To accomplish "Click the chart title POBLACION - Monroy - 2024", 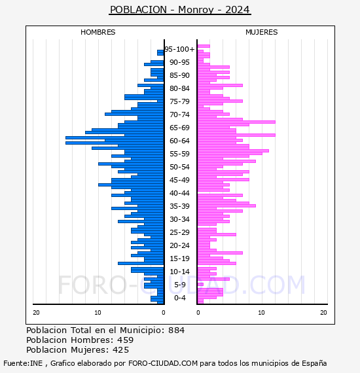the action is pos(180,10).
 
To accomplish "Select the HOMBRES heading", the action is pos(98,32).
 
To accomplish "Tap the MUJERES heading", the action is pos(262,32).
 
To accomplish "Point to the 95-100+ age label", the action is pos(179,49).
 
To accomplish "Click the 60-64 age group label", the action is pos(179,141).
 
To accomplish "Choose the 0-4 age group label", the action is pos(179,298).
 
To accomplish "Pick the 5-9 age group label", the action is pos(179,285).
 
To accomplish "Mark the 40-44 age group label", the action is pos(179,193).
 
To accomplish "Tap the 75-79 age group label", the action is pos(179,101).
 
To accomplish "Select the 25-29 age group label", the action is pos(179,232).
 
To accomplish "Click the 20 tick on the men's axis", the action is pos(36,313).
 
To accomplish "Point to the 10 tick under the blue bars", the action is pos(98,313).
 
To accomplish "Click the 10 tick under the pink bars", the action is pos(261,313).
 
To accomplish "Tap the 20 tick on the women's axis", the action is pos(323,313).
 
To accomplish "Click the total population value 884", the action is pos(176,330).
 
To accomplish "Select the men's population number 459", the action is pos(126,340).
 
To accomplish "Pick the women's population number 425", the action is pos(120,349).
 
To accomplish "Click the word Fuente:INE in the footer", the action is pos(23,363).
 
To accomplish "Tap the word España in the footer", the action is pos(314,363).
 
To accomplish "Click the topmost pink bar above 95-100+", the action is pos(204,46).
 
